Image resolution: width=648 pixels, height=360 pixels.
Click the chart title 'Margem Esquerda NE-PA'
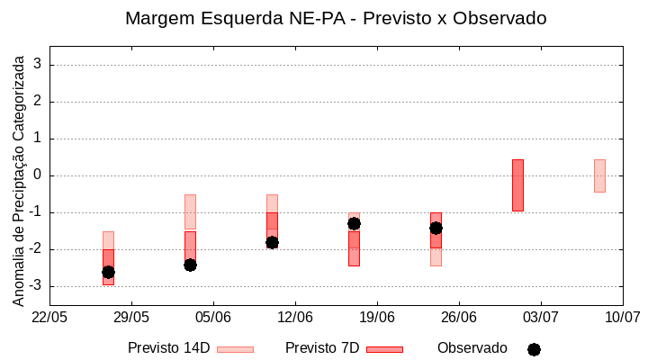(335, 18)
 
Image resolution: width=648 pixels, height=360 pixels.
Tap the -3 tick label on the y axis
(36, 286)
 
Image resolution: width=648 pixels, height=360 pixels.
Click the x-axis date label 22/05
(49, 317)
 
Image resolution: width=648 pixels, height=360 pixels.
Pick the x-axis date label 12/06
(295, 317)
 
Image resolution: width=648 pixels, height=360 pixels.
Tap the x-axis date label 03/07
(541, 317)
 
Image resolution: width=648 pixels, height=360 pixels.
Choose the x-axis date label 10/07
(622, 317)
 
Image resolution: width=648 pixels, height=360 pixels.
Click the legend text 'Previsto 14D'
(168, 348)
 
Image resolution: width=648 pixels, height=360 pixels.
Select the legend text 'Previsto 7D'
(322, 348)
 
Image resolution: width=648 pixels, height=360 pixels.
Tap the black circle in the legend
(534, 349)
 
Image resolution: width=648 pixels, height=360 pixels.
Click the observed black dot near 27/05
(108, 272)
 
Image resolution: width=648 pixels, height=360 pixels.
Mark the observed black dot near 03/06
(190, 265)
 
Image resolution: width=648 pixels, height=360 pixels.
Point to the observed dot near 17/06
(354, 223)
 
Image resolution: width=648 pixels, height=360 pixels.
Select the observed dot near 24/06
(436, 228)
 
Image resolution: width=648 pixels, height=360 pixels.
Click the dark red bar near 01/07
(517, 185)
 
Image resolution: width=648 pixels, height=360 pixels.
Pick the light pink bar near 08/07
(599, 175)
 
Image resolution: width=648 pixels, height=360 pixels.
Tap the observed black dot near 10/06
(272, 242)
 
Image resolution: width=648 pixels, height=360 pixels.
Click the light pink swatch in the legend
(235, 349)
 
